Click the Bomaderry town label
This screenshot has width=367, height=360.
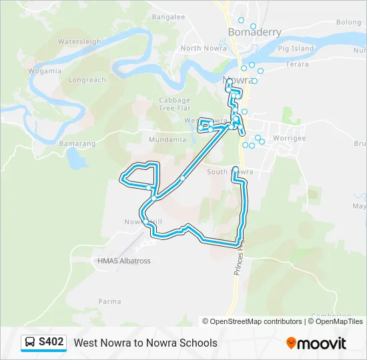254,32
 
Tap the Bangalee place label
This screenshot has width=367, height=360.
168,17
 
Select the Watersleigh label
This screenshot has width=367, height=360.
79,41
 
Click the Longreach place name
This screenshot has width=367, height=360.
87,80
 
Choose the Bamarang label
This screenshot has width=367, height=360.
77,143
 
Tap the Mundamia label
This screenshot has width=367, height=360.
167,140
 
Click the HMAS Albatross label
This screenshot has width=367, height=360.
124,261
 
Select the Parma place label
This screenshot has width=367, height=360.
110,302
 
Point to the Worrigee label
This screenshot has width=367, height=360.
289,137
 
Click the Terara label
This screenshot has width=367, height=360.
298,65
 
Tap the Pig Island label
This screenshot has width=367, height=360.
296,49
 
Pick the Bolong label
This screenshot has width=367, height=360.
348,22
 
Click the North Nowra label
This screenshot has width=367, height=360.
200,48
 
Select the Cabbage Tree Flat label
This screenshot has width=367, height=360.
175,104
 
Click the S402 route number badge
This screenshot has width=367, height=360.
51,343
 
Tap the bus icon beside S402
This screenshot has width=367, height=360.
30,343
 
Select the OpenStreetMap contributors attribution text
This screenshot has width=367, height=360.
255,321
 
